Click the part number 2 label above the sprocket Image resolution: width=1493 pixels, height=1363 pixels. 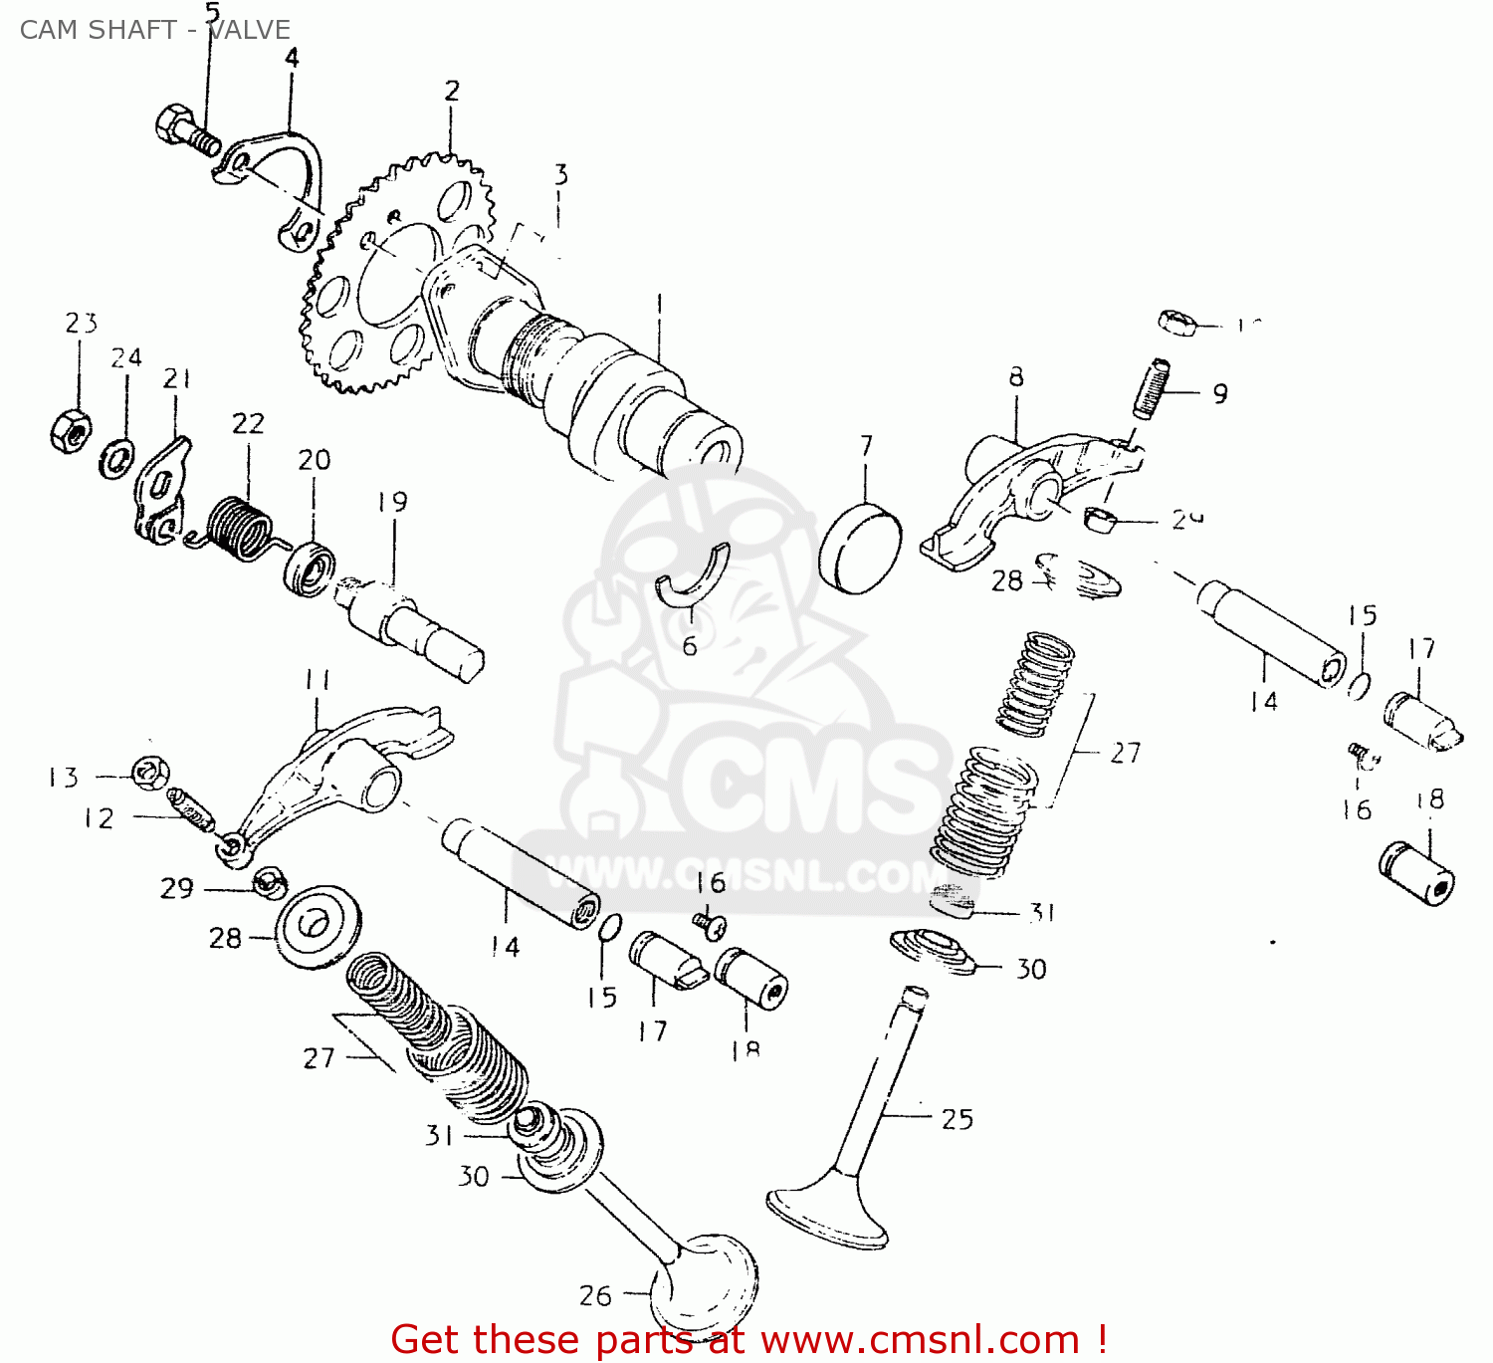tap(452, 92)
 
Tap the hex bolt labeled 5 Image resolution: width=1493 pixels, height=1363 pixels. tap(184, 128)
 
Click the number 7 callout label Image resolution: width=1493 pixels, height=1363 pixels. tap(866, 446)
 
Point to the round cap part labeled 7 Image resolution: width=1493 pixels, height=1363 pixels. tap(860, 550)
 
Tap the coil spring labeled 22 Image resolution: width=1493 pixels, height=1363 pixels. tap(238, 527)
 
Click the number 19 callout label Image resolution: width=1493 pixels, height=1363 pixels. tap(392, 502)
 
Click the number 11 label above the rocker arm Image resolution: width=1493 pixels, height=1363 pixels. tap(317, 680)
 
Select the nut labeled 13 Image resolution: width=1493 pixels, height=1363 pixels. tap(150, 773)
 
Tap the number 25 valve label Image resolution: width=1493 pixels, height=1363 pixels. tap(957, 1119)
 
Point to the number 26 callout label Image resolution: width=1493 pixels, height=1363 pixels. tap(595, 1295)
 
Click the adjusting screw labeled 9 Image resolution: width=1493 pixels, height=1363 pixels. tap(1152, 388)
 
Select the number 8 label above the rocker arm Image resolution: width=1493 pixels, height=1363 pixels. tap(1015, 376)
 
